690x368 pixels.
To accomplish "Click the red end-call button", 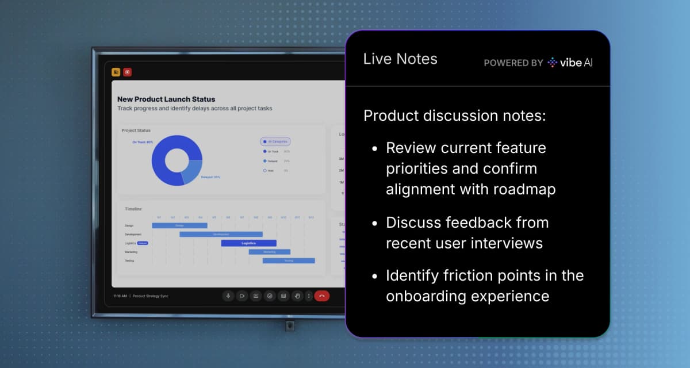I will coord(321,296).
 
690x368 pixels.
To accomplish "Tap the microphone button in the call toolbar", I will coord(228,296).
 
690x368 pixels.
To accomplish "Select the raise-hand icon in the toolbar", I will coord(297,296).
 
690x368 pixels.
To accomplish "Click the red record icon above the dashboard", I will coord(127,72).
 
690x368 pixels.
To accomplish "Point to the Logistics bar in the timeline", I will coord(248,243).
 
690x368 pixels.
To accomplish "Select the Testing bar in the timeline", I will coord(289,260).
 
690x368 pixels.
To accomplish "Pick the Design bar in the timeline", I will coord(179,225).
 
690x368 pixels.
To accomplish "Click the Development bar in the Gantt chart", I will coord(221,235).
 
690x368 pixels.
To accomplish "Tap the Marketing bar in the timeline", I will coord(269,252).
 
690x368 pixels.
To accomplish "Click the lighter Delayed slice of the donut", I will coord(193,171).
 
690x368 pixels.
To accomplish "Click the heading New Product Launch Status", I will coord(166,99).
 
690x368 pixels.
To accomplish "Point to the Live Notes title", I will coord(400,59).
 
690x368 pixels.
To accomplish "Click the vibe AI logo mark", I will coord(553,63).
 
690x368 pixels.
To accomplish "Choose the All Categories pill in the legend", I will coord(275,141).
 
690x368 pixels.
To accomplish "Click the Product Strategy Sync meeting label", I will coord(150,296).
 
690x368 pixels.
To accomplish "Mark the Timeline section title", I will coord(133,209).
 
